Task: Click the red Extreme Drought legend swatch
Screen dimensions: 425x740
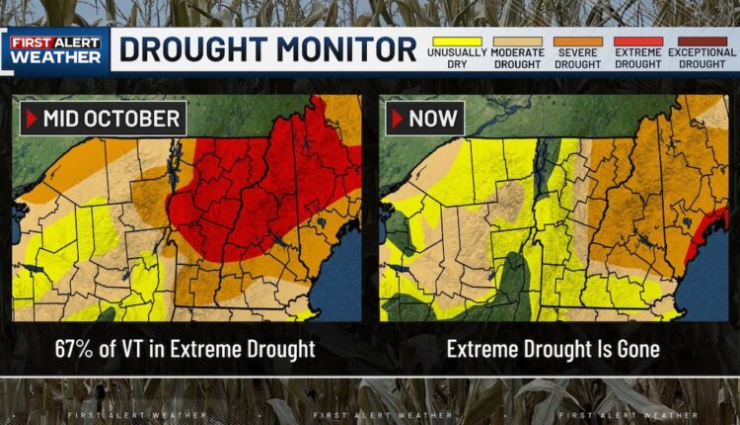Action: [x=638, y=41]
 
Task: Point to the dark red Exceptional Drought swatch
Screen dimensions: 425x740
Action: [x=701, y=41]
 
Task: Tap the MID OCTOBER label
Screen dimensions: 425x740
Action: [x=111, y=120]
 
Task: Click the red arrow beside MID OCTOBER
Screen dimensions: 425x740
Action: [x=31, y=120]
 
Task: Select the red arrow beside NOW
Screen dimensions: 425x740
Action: [x=397, y=120]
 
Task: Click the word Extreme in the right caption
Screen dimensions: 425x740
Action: [x=481, y=348]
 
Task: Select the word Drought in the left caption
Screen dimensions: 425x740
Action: [x=282, y=348]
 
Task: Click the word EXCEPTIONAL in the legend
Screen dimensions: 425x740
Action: [x=701, y=52]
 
